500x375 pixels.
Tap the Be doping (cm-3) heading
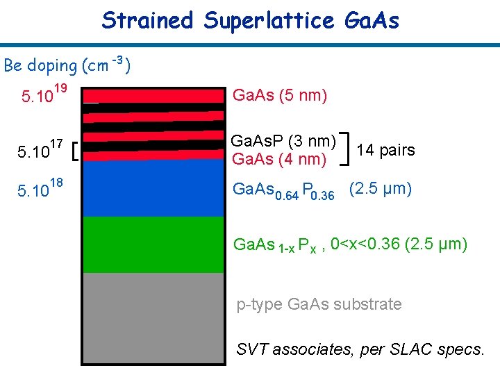pos(68,65)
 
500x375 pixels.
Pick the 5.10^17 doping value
pos(42,149)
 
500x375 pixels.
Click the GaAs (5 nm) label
pos(279,95)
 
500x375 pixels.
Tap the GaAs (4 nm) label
pos(279,159)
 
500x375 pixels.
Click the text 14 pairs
pos(385,150)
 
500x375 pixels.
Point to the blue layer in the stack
pos(153,187)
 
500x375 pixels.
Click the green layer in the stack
pos(153,244)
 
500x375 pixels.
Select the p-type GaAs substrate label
pos(319,304)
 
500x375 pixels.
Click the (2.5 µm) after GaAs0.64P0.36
pos(380,189)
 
